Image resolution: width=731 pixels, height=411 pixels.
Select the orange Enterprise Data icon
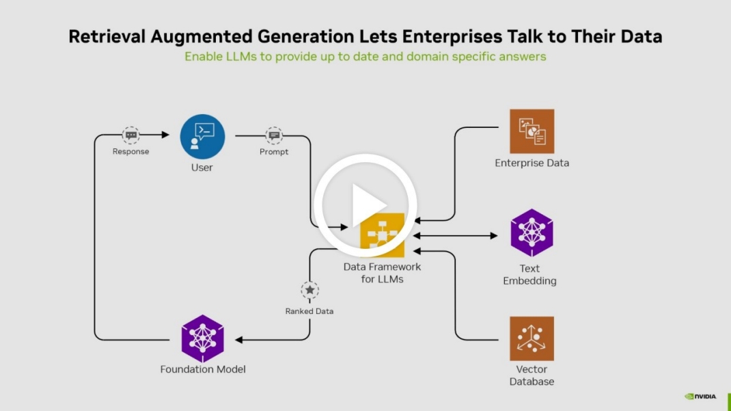(x=532, y=131)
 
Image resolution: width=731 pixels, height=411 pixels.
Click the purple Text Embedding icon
(x=531, y=233)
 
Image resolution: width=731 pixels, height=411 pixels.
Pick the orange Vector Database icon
(x=532, y=339)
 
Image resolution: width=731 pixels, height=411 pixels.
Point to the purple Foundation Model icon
(x=202, y=339)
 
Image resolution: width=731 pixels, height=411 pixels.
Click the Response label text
(x=130, y=152)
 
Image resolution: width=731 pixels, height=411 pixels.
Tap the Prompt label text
(x=274, y=152)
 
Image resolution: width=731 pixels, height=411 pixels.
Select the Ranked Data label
(x=309, y=311)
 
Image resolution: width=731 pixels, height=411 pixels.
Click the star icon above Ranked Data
(x=309, y=290)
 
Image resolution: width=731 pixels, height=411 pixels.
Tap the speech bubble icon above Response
(x=130, y=135)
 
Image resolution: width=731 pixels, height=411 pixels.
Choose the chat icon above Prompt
(x=274, y=135)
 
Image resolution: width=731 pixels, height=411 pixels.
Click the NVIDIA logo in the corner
(x=701, y=396)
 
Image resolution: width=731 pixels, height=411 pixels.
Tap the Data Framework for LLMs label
(x=382, y=273)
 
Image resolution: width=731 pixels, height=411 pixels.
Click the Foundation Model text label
(x=202, y=369)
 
